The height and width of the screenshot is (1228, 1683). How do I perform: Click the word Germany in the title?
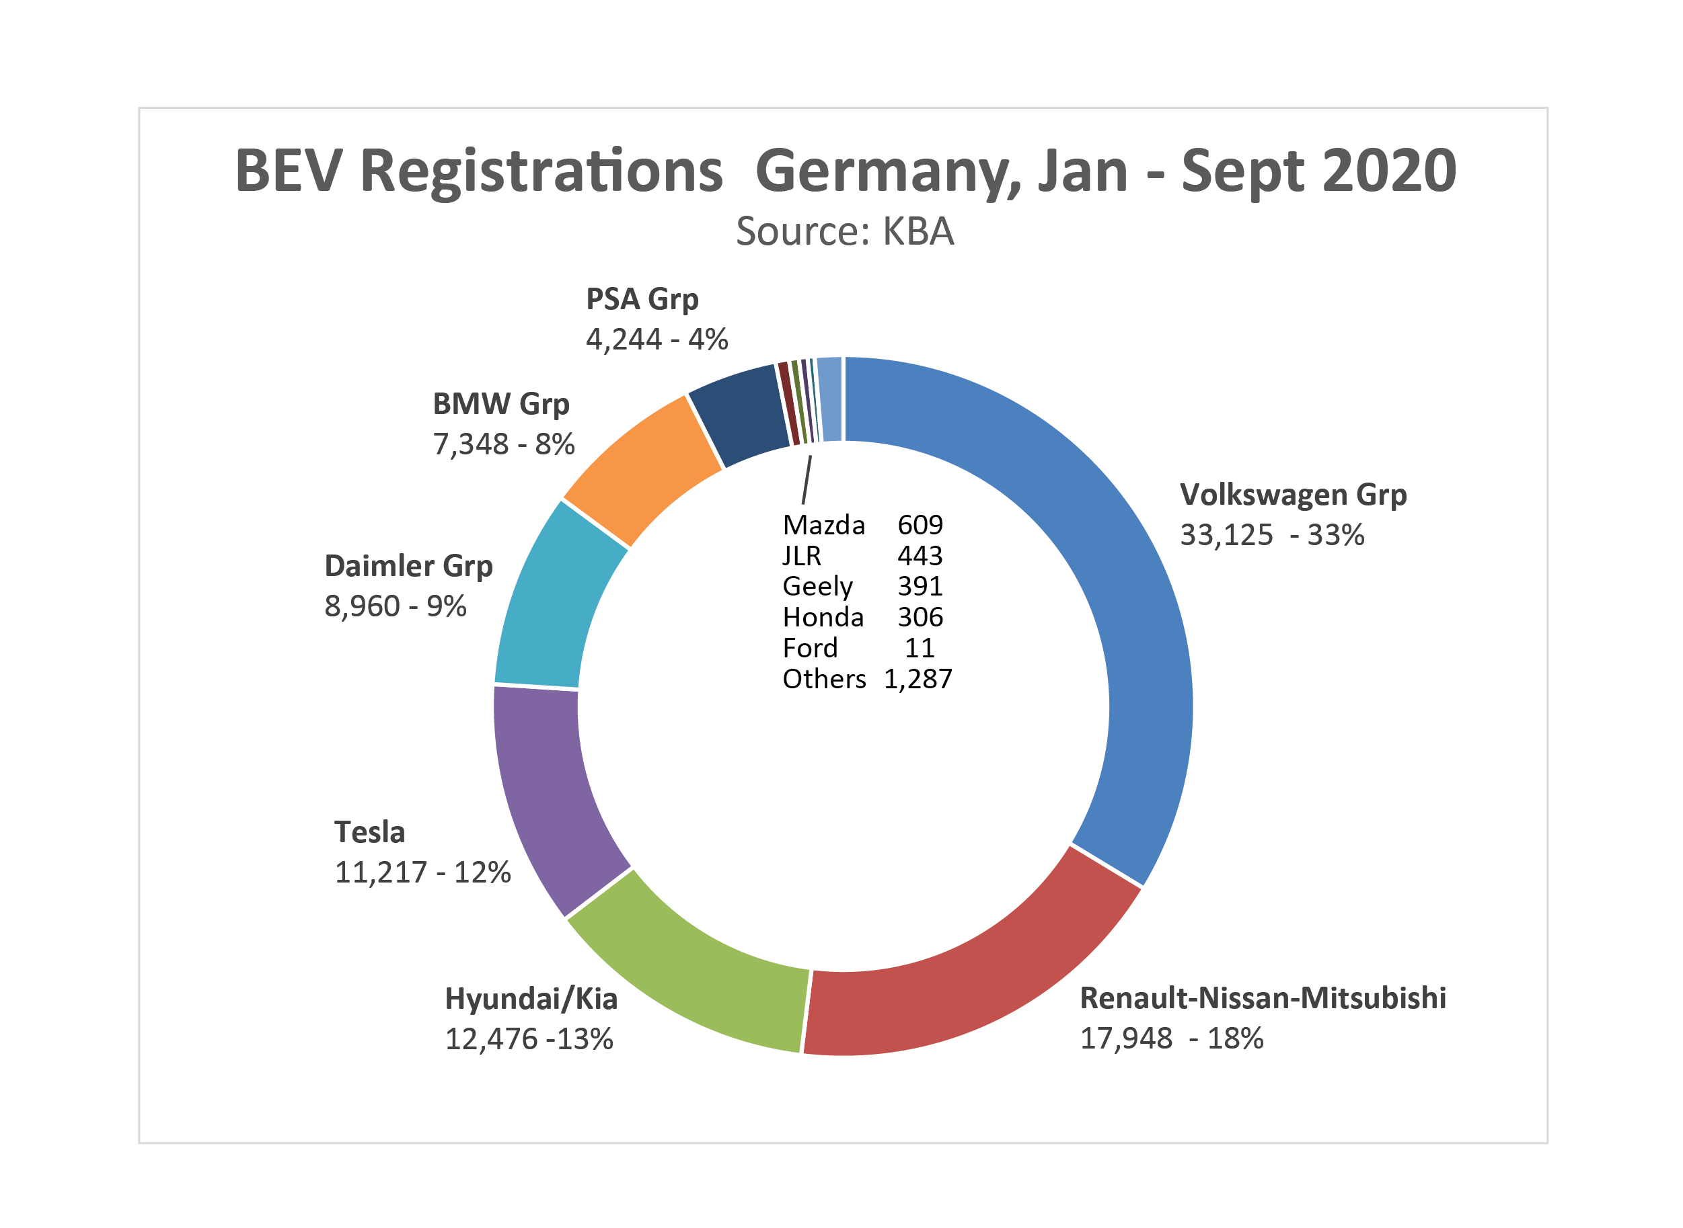click(x=885, y=171)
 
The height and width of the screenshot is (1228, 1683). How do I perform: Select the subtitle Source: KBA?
click(x=844, y=231)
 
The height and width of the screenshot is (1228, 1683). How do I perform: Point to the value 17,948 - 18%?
click(x=1171, y=1038)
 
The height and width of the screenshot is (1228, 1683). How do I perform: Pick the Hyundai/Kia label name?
click(x=531, y=999)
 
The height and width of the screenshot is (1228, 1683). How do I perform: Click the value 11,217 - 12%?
click(x=422, y=872)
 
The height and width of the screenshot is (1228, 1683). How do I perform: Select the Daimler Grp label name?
click(x=408, y=567)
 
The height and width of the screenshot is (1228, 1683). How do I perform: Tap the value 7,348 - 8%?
click(x=503, y=444)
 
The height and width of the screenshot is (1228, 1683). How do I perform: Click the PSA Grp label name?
click(x=642, y=299)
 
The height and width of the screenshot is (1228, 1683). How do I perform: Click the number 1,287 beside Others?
click(x=917, y=679)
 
